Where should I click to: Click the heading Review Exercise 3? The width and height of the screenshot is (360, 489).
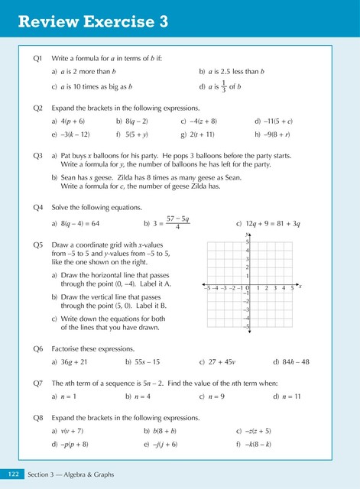tap(92, 22)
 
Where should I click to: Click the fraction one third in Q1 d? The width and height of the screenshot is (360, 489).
tap(222, 86)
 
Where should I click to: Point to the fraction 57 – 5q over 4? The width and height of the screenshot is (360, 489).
tap(177, 223)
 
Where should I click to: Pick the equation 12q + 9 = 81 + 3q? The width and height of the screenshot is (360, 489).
tap(278, 224)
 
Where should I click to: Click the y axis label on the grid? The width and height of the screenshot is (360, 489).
tap(247, 234)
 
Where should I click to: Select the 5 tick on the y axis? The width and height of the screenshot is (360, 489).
tap(247, 242)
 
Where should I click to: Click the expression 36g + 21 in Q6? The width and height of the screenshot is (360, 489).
tap(74, 361)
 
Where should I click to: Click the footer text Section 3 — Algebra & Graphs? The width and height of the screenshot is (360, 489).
tap(71, 475)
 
